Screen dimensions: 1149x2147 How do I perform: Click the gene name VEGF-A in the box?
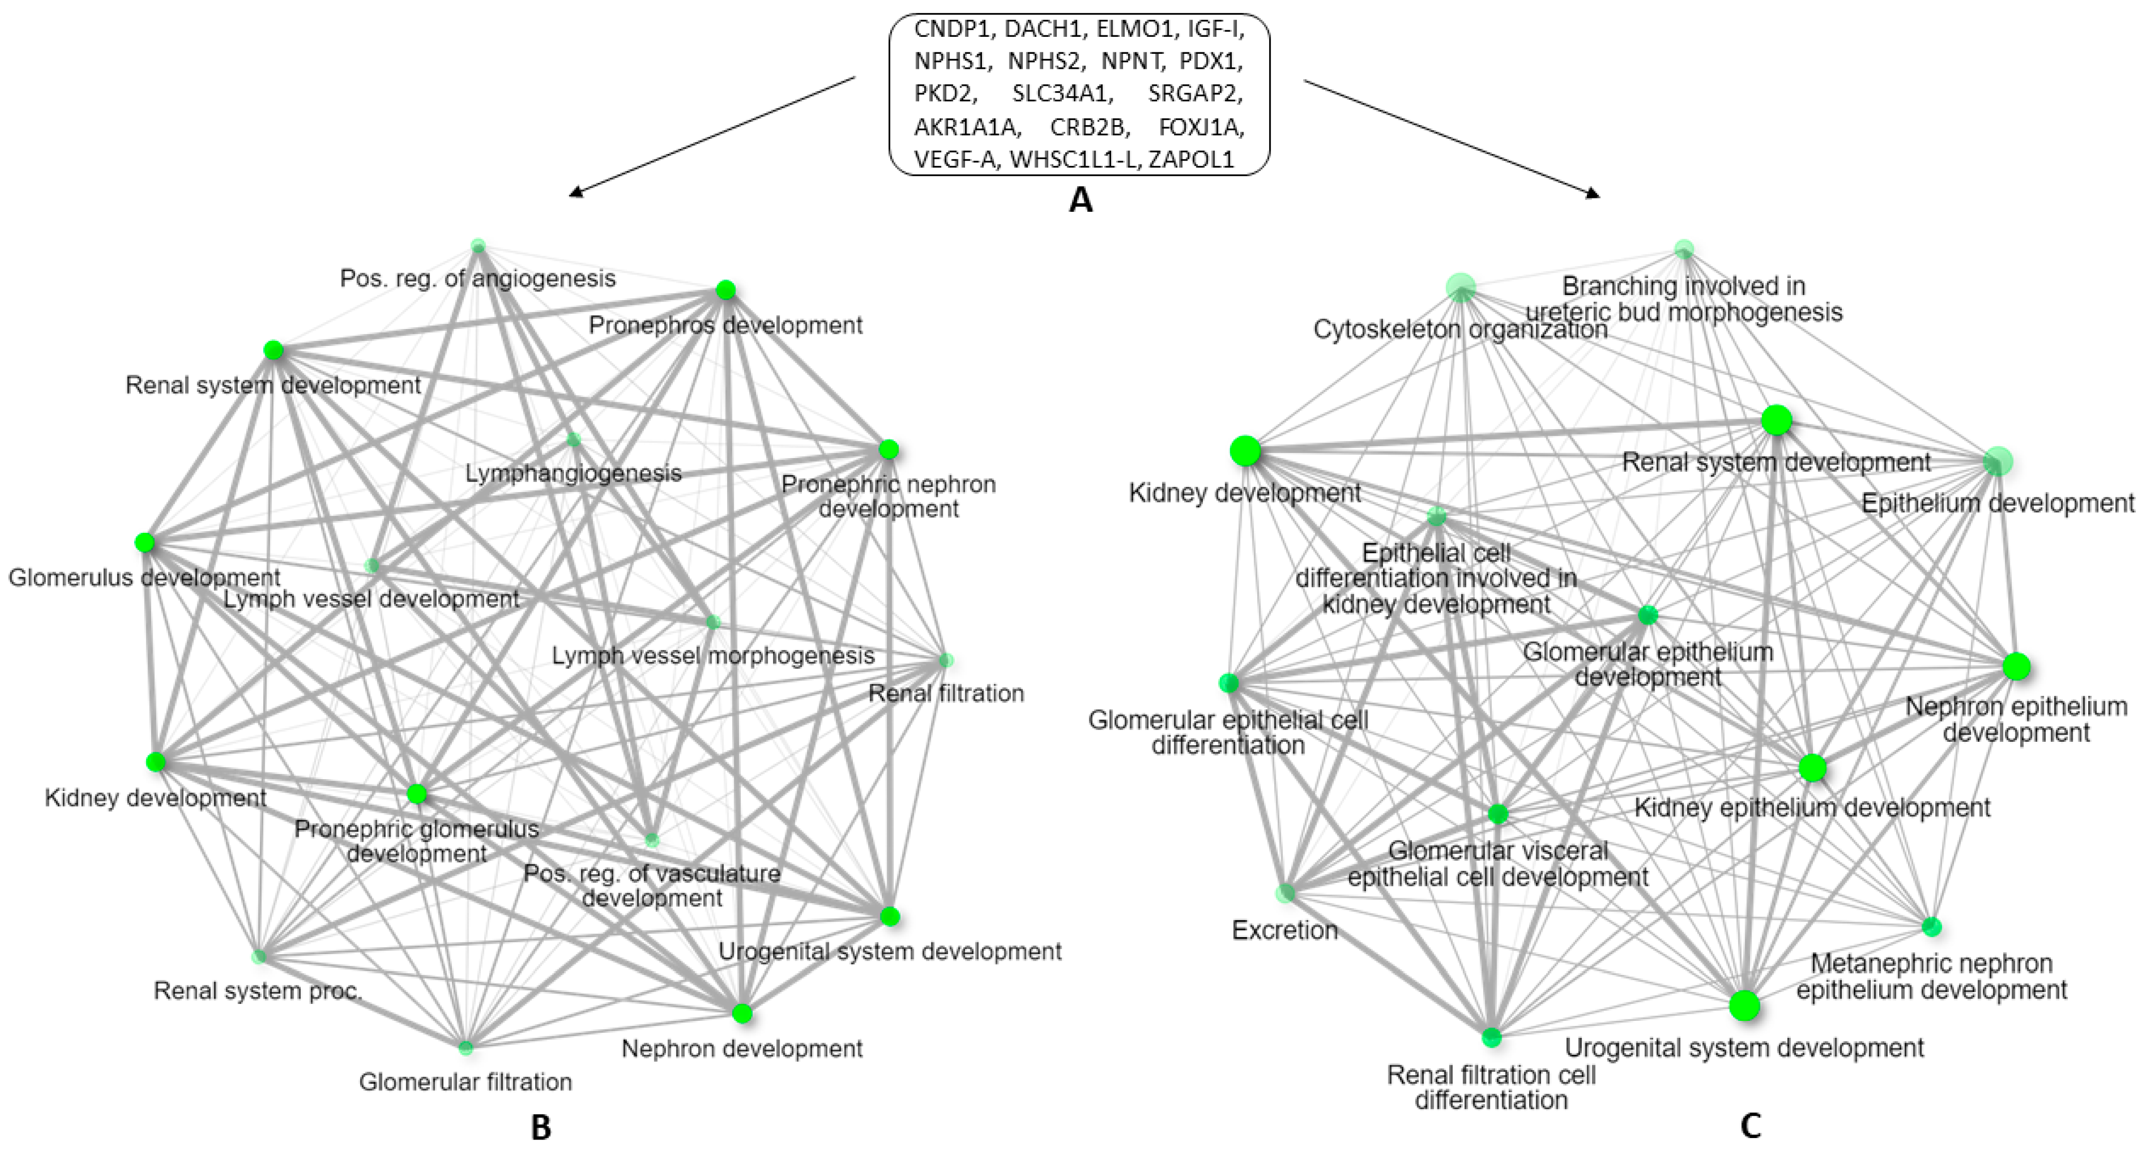955,159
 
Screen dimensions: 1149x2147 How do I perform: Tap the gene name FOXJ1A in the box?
1201,127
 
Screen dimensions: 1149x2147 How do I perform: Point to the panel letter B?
541,1128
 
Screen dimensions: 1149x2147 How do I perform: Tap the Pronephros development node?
725,290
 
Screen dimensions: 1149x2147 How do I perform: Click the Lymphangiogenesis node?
574,439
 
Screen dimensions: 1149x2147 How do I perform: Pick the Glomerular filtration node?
466,1046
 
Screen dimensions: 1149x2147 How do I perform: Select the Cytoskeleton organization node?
1460,288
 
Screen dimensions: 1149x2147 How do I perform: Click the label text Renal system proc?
258,990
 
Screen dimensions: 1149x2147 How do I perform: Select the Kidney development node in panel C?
1245,452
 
